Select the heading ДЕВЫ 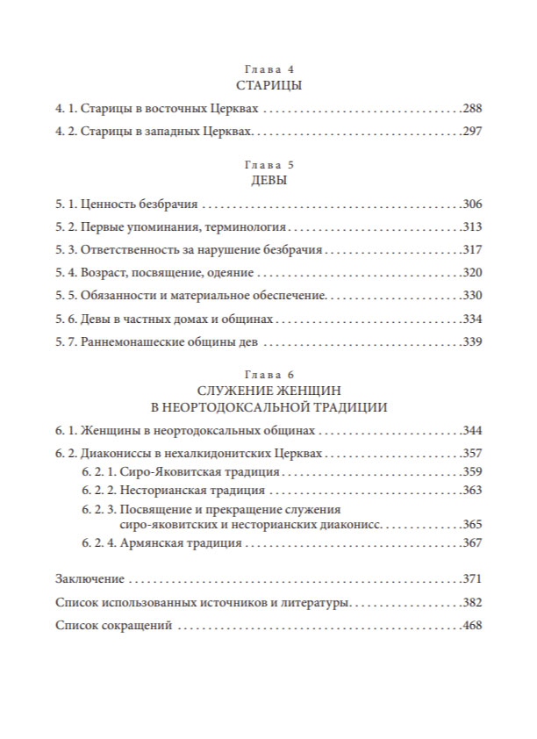[x=268, y=180]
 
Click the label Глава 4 [x=268, y=68]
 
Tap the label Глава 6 [x=268, y=374]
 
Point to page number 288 [x=472, y=110]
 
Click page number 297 [x=472, y=133]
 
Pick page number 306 [x=472, y=204]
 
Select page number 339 [x=472, y=341]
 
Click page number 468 [x=472, y=627]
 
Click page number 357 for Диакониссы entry [x=472, y=455]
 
